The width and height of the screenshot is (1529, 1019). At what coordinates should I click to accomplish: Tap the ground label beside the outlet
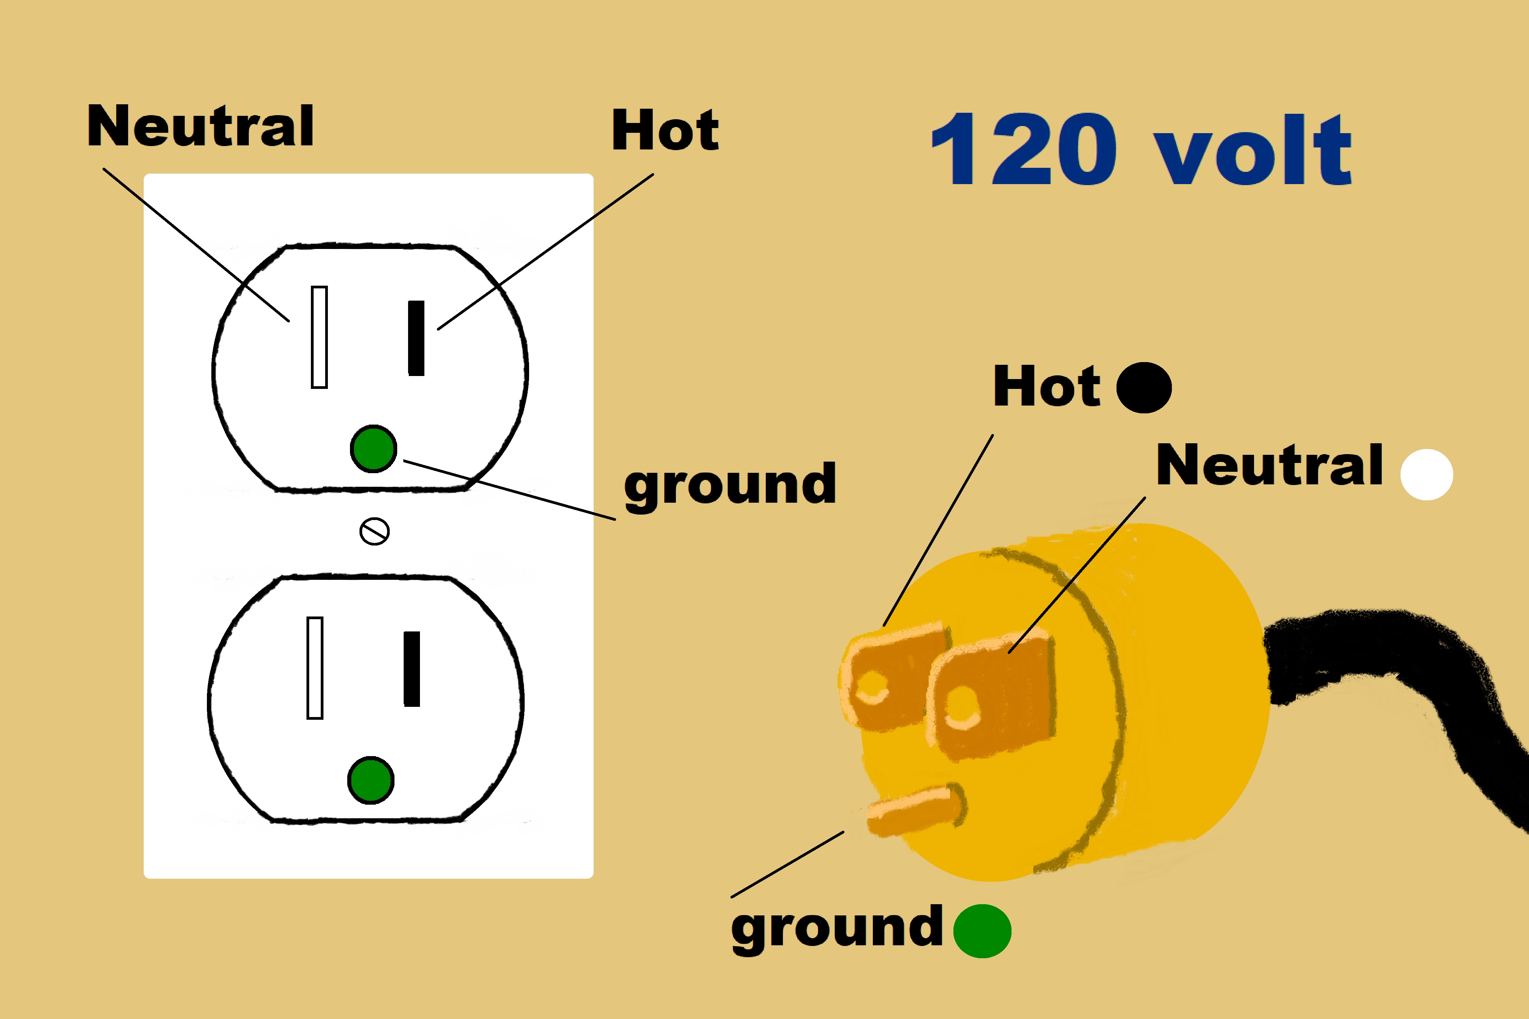(730, 485)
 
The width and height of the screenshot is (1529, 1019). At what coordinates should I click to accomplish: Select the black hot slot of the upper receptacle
(416, 338)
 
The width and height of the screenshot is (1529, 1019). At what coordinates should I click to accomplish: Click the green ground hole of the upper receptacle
(373, 448)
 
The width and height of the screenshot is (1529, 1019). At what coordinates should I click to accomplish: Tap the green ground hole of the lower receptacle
(371, 780)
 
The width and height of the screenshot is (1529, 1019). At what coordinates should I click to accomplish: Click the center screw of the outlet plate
(374, 531)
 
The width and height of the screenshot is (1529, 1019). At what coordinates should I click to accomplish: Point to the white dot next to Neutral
(1426, 475)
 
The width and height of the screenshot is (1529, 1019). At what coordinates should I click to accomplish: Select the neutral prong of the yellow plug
(991, 695)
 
